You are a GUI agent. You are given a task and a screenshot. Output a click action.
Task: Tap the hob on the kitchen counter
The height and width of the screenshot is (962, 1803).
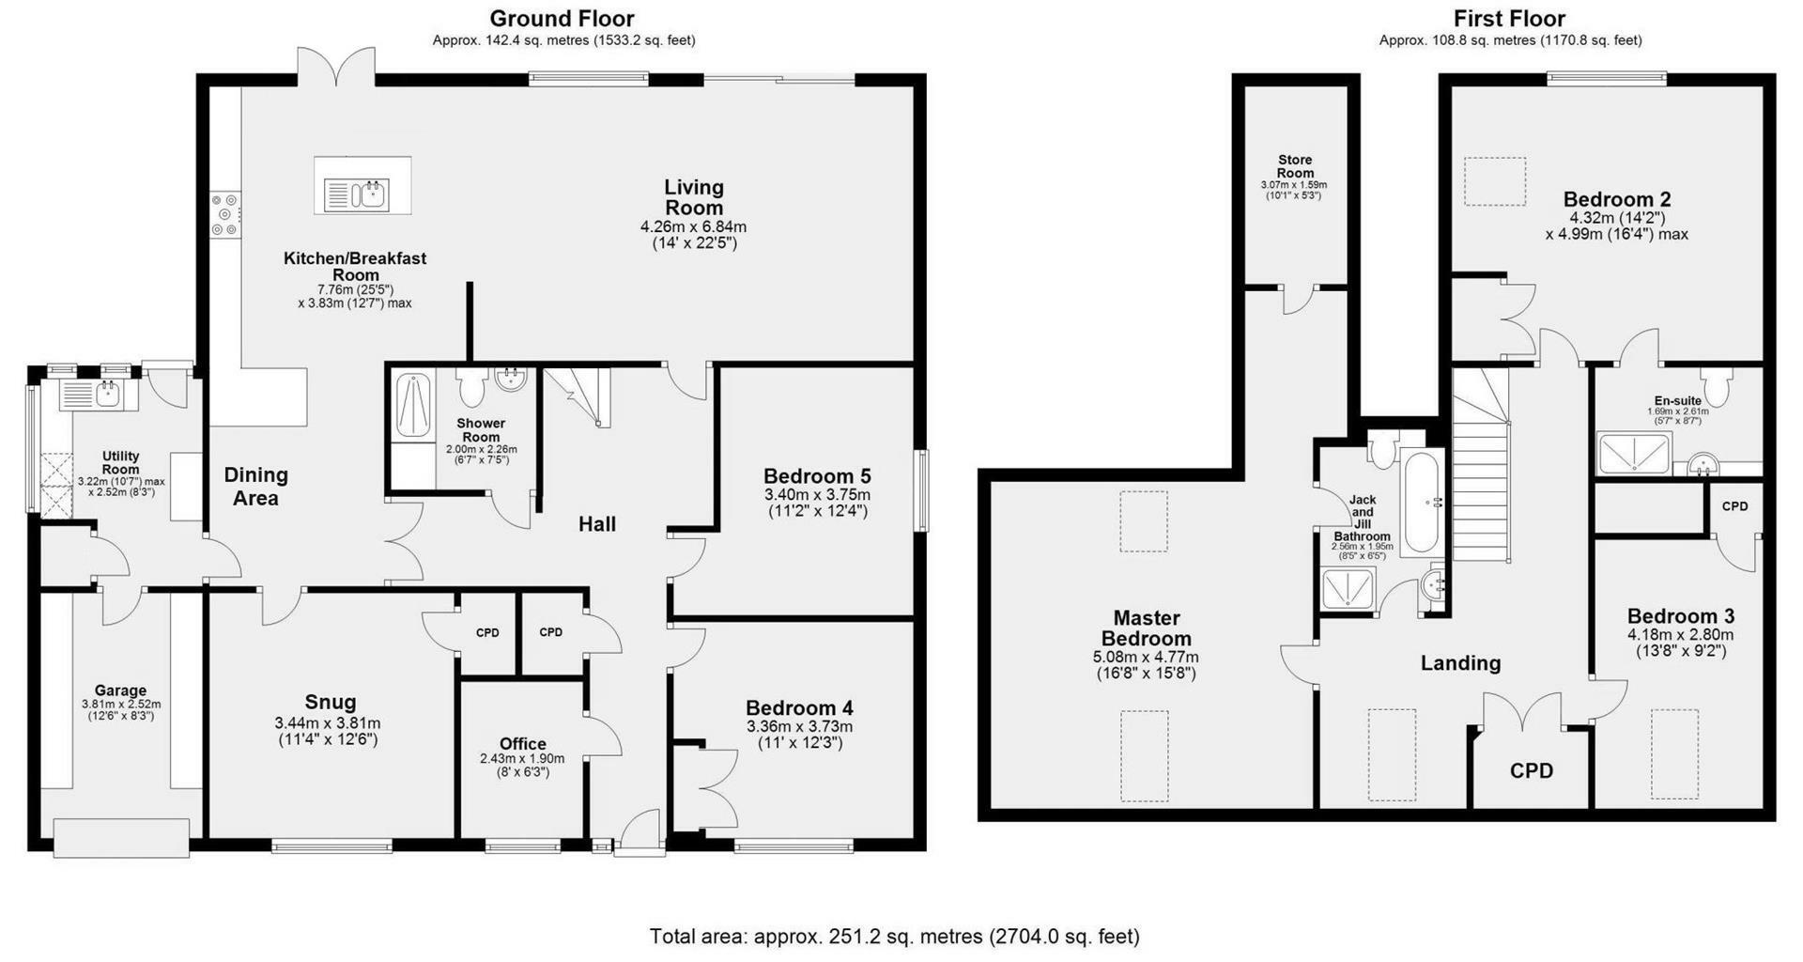[x=225, y=214]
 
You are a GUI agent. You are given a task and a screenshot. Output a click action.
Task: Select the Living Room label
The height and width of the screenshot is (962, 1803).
[x=694, y=197]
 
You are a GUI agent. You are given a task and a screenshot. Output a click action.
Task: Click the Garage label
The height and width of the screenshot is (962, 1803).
[x=120, y=690]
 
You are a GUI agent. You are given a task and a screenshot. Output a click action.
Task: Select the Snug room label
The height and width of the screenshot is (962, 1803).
[x=331, y=702]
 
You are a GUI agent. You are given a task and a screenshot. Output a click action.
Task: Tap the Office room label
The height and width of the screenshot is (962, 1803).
[x=523, y=744]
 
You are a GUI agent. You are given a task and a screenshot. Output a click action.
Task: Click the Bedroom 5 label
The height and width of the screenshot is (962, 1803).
[x=817, y=475]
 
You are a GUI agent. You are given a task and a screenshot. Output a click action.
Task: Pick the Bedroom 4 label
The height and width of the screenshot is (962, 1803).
[x=799, y=707]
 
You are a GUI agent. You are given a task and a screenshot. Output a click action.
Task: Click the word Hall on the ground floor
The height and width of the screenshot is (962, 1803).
[x=597, y=524]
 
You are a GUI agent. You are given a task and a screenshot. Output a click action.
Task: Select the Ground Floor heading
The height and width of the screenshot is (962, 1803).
[x=562, y=19]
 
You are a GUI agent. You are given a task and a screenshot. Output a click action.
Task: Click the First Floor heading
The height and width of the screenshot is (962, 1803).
[x=1510, y=19]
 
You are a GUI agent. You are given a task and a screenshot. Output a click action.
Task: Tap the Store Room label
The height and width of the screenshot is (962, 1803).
[x=1295, y=166]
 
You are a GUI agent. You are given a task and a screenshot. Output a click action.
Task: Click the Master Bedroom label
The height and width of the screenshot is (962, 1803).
[x=1147, y=628]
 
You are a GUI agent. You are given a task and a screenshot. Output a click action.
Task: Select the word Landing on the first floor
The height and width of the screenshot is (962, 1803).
[x=1460, y=663]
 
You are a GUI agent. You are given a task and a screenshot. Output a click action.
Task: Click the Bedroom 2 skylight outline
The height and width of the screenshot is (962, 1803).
[x=1495, y=181]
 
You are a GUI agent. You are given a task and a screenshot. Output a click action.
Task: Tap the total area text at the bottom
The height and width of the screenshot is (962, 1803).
[x=895, y=937]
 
